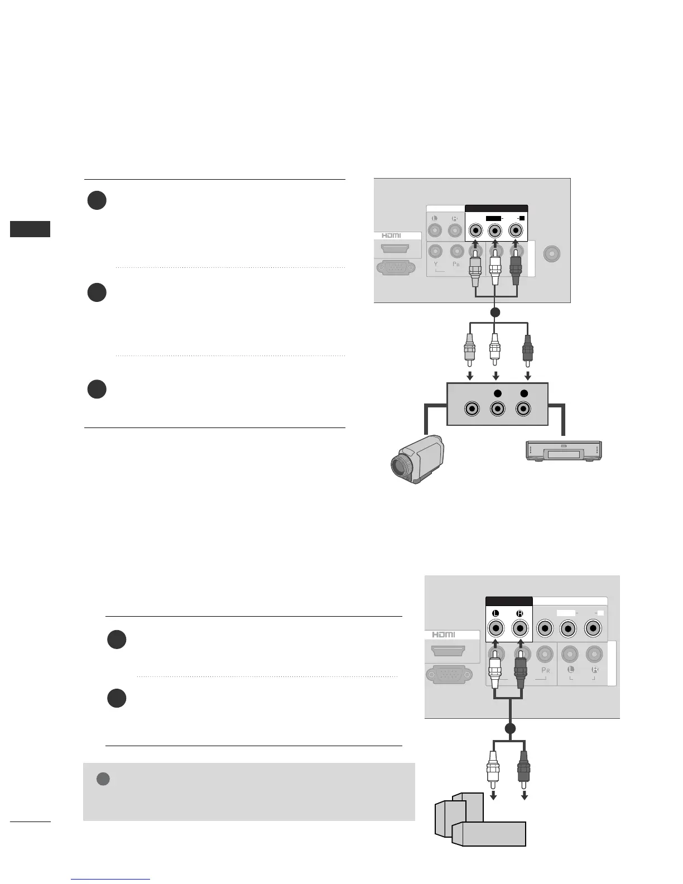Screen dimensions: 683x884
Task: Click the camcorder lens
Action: point(401,467)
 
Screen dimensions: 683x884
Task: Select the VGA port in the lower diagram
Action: point(445,675)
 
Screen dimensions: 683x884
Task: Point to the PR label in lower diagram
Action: point(545,670)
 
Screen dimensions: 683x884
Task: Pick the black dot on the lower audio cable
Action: point(509,728)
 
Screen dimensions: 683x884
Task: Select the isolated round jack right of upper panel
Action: point(552,254)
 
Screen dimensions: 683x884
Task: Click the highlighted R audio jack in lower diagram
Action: point(520,629)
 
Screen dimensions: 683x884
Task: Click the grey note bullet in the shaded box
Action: point(103,779)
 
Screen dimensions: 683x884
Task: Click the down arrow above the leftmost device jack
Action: point(470,376)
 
